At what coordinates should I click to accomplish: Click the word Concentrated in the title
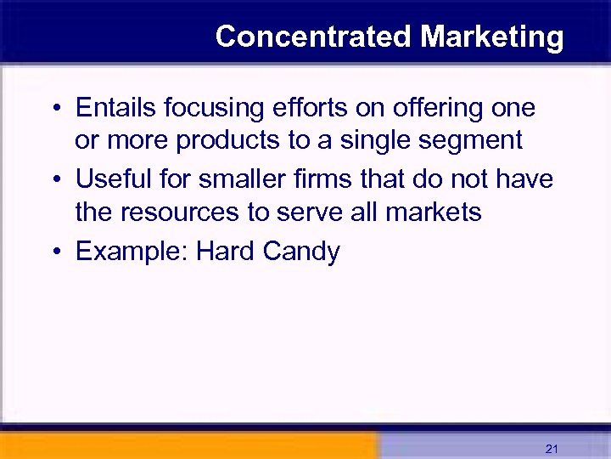(314, 37)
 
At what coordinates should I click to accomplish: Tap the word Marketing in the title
(491, 37)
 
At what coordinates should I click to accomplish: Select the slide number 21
(552, 448)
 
